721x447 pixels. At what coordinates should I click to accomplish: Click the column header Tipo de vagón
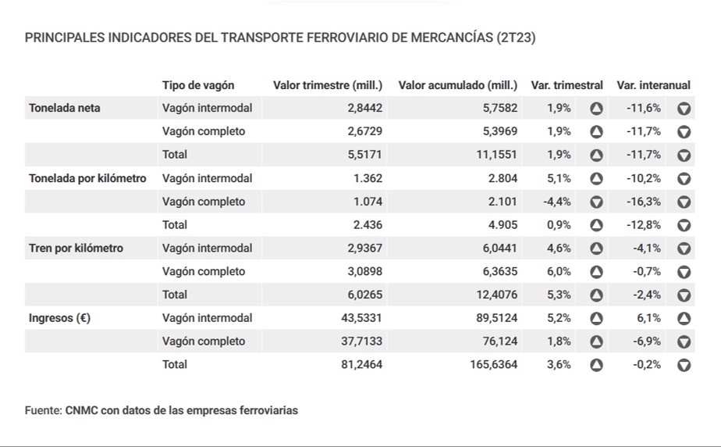click(x=198, y=85)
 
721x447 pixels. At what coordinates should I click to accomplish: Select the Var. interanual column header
click(x=653, y=85)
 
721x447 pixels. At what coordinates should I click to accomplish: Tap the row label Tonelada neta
click(x=65, y=108)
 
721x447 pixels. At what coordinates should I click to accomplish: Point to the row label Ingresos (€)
click(x=59, y=318)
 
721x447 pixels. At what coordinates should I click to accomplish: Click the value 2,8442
click(x=365, y=108)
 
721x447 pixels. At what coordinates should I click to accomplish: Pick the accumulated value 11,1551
click(x=495, y=155)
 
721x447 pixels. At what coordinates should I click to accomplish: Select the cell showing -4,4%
click(x=557, y=202)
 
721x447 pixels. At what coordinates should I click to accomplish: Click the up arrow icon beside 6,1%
click(x=684, y=318)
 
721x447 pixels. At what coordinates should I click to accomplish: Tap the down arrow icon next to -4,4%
click(x=596, y=202)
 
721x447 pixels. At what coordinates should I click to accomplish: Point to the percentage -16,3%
click(x=644, y=202)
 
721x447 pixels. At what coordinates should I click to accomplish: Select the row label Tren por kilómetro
click(x=76, y=248)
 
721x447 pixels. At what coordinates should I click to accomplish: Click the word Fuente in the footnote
click(x=42, y=409)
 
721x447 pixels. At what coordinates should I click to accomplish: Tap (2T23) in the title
click(x=516, y=37)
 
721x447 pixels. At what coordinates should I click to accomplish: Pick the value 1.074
click(x=368, y=202)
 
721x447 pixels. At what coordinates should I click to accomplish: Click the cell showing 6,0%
click(x=559, y=271)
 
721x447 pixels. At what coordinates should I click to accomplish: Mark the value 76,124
click(x=499, y=341)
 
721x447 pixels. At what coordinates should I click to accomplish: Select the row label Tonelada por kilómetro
click(x=87, y=178)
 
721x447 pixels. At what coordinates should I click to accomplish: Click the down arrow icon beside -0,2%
click(x=684, y=364)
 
